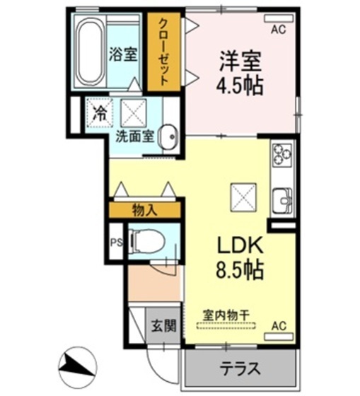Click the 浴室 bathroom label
123,54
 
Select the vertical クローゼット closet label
164,51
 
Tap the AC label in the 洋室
279,30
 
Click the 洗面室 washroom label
135,136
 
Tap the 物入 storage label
144,209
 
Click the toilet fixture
146,241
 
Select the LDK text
240,245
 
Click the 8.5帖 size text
240,269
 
